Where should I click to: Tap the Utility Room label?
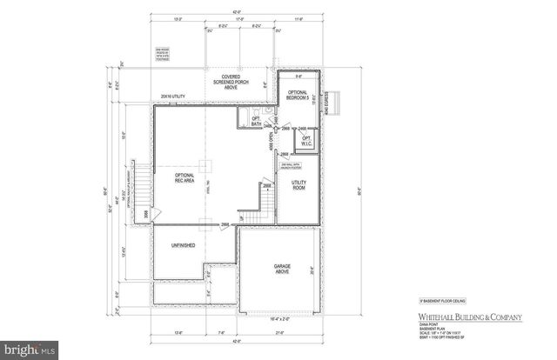(x=299, y=183)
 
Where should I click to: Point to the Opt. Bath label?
(x=256, y=123)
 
